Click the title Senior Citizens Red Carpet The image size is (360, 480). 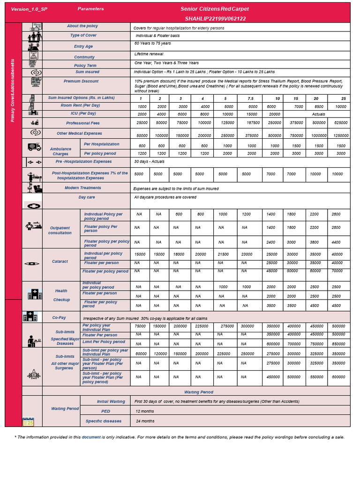(x=215, y=9)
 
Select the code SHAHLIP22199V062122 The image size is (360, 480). (x=215, y=19)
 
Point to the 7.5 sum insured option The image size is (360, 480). (x=251, y=98)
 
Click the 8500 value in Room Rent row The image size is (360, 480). (x=316, y=106)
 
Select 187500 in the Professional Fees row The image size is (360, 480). (x=251, y=123)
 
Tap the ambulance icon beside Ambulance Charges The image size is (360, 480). (x=35, y=147)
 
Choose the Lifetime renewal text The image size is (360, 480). (x=149, y=54)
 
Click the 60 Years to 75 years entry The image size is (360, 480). (x=152, y=44)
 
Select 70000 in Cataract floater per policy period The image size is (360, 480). (x=337, y=271)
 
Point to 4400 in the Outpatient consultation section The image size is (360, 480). (x=337, y=242)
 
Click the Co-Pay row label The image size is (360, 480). (x=59, y=318)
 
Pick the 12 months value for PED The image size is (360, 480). (x=144, y=411)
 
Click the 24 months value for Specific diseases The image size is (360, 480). (x=145, y=421)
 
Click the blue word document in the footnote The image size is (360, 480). (x=91, y=437)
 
